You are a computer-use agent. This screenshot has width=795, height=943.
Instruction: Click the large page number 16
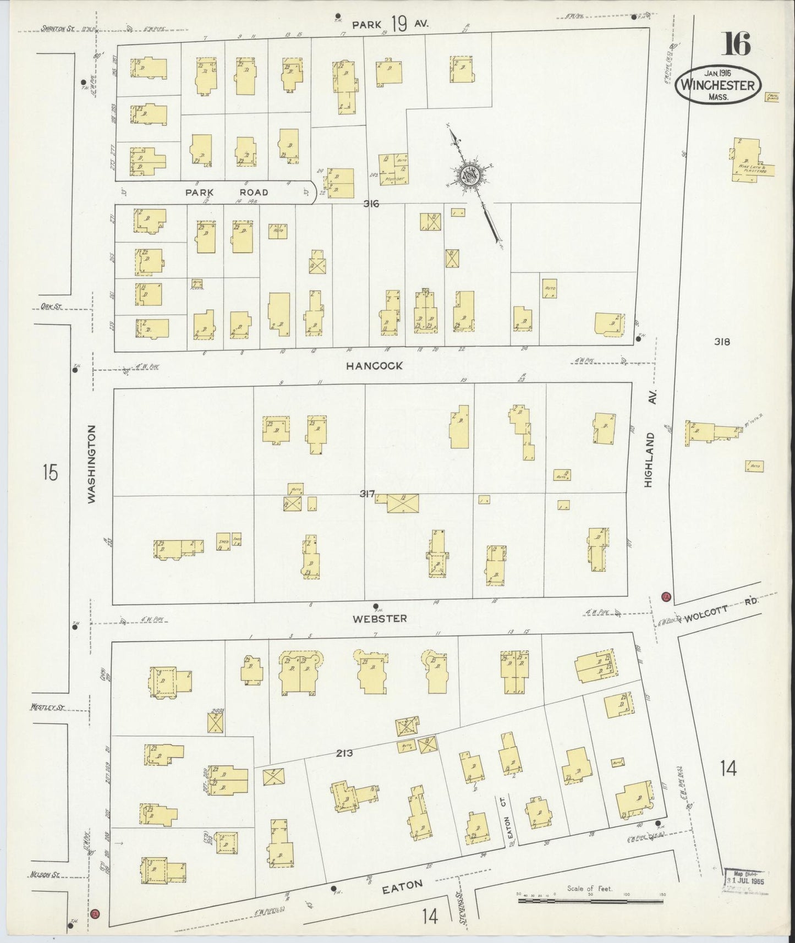pyautogui.click(x=737, y=44)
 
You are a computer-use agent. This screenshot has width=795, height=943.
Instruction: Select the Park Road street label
pyautogui.click(x=227, y=193)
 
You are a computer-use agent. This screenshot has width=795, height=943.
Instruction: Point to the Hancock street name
pyautogui.click(x=375, y=365)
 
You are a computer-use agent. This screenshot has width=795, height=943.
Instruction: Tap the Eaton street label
pyautogui.click(x=402, y=885)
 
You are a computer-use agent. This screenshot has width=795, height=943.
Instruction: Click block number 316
pyautogui.click(x=371, y=204)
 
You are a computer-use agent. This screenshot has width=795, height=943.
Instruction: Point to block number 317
pyautogui.click(x=366, y=494)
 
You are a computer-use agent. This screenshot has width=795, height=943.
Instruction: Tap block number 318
pyautogui.click(x=722, y=342)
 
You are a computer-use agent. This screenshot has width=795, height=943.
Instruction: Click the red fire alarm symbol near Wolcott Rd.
pyautogui.click(x=665, y=597)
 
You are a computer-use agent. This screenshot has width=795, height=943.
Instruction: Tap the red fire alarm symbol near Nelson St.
pyautogui.click(x=95, y=913)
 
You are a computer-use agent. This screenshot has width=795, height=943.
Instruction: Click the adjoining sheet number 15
pyautogui.click(x=50, y=472)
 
